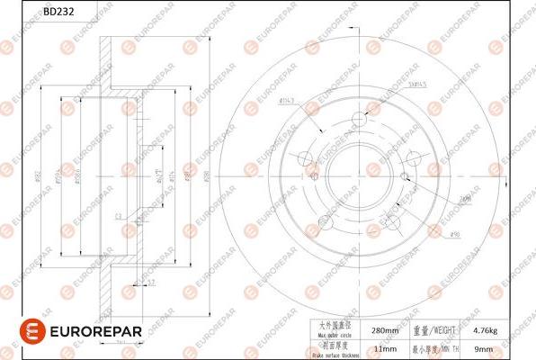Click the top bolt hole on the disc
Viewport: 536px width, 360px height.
pyautogui.click(x=359, y=119)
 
